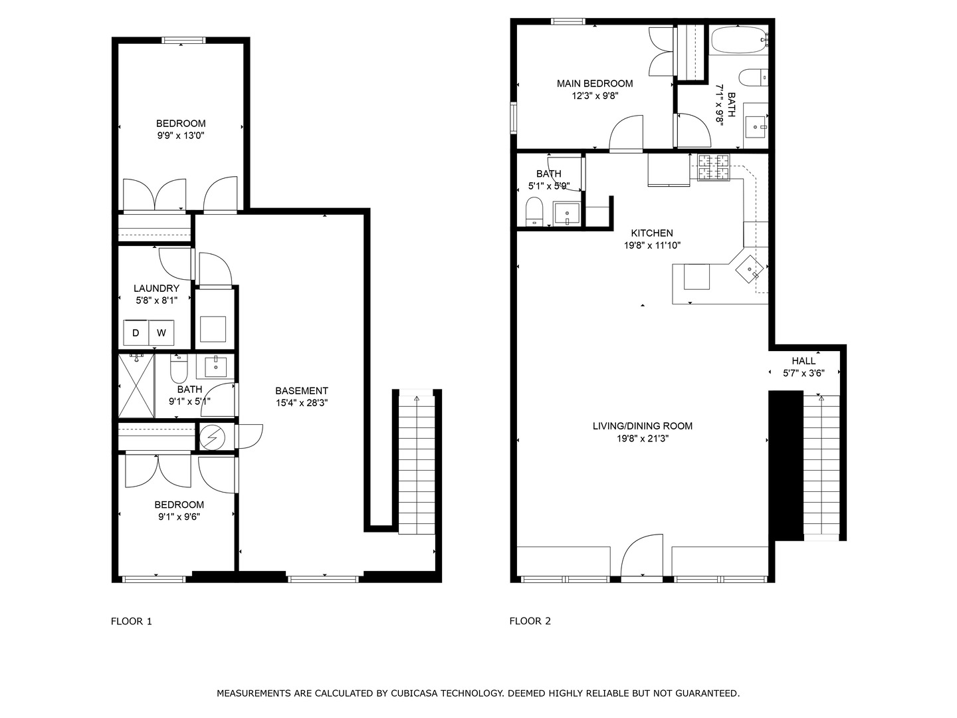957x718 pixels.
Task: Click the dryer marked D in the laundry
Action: (x=136, y=333)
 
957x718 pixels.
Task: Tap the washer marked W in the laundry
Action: (x=161, y=333)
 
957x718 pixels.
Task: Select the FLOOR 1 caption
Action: (x=132, y=622)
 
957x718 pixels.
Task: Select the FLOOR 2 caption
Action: (x=530, y=622)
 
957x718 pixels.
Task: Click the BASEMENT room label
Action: (x=302, y=391)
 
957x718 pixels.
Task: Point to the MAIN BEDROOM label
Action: (x=594, y=84)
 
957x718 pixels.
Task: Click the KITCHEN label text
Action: (x=651, y=233)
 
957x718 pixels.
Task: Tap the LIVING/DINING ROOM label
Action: (x=642, y=426)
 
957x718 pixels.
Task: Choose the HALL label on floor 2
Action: (x=803, y=361)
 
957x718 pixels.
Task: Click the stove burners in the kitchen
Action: (x=713, y=167)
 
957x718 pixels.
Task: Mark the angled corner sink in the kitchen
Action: (x=750, y=269)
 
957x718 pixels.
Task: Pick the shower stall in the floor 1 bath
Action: (x=136, y=386)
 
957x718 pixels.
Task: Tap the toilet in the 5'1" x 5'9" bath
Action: (x=534, y=212)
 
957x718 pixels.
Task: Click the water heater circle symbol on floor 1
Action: (x=213, y=437)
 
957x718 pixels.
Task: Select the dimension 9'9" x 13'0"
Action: (x=181, y=136)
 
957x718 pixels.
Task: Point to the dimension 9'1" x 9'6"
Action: (x=179, y=517)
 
